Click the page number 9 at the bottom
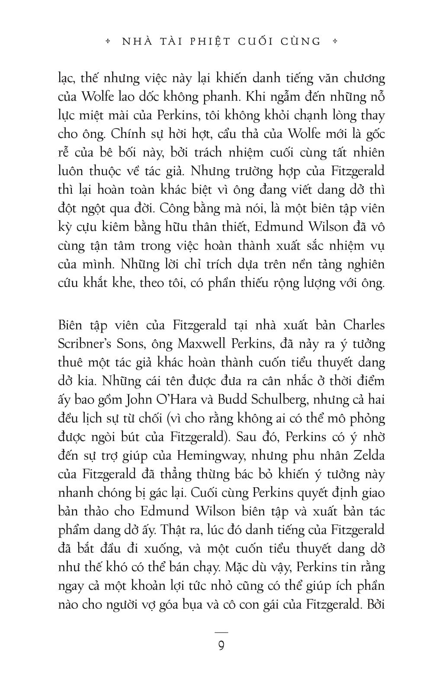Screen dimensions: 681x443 pos(221,646)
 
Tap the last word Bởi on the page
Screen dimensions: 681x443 pos(376,604)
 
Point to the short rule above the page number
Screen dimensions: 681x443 pos(221,632)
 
